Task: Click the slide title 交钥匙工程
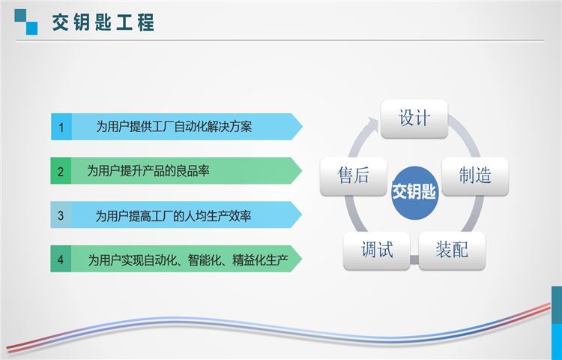(103, 22)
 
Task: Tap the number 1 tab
(61, 127)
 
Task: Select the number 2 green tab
(61, 171)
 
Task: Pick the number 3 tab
(61, 214)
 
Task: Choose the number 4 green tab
(61, 259)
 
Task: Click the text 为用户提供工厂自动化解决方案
(174, 127)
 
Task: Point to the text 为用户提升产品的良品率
(148, 171)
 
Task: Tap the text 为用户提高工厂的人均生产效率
(173, 215)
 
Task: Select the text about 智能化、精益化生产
(188, 260)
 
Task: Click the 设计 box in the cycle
(414, 118)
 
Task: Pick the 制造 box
(475, 176)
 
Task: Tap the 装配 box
(452, 250)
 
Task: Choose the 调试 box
(377, 250)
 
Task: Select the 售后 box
(354, 176)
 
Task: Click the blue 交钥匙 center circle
(414, 193)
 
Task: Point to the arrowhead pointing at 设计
(372, 124)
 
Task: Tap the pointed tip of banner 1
(303, 127)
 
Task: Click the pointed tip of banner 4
(302, 259)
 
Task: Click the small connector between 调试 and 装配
(414, 259)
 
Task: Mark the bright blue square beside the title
(32, 28)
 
